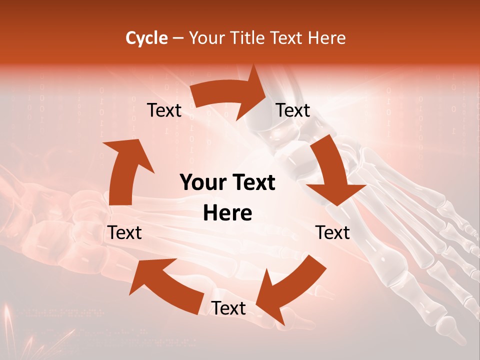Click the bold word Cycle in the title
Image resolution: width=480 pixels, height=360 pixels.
point(146,38)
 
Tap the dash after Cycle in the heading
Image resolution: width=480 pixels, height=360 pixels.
point(177,38)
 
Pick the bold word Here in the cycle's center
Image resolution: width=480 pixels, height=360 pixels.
point(227,213)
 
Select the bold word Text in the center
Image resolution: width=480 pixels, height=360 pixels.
point(251,183)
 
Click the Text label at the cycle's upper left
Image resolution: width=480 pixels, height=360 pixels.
point(164,110)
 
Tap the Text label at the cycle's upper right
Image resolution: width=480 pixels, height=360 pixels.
point(293,110)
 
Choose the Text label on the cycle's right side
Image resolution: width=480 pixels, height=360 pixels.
point(333,232)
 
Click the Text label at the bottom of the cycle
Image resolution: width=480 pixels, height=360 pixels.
point(228,308)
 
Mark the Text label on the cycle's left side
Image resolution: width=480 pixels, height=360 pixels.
point(124,232)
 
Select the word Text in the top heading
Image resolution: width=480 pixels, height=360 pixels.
point(288,38)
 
